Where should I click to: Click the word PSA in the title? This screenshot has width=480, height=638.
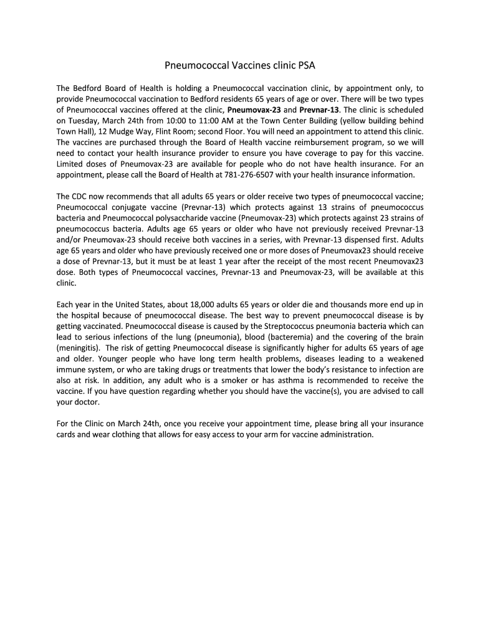(306, 64)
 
